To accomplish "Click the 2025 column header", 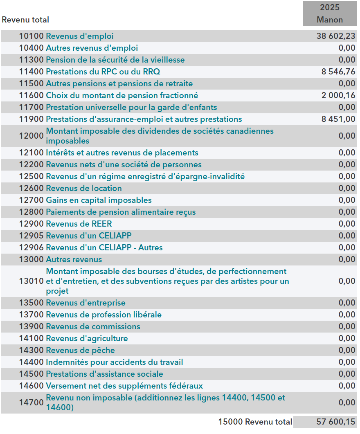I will click(330, 7).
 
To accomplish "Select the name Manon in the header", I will click(330, 20).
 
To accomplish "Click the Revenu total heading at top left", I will click(25, 20).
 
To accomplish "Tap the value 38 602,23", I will click(336, 36).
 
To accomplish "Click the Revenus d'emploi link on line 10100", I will click(80, 36).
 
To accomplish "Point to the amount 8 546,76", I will click(338, 72).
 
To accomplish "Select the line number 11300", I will click(31, 60).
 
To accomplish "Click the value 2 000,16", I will click(338, 95).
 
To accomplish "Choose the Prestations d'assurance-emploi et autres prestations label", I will click(144, 119).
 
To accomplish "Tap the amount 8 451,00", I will click(338, 119).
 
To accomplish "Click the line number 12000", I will click(31, 136).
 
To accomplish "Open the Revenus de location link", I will click(84, 188).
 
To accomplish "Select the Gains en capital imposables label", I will click(99, 200).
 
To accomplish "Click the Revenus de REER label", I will click(79, 224).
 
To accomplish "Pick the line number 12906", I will click(31, 247).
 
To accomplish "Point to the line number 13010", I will click(31, 281).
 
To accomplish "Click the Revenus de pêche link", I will click(80, 350).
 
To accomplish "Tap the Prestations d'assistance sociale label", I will click(104, 374).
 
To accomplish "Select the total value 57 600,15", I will click(336, 422).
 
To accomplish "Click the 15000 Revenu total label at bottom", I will click(255, 422).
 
